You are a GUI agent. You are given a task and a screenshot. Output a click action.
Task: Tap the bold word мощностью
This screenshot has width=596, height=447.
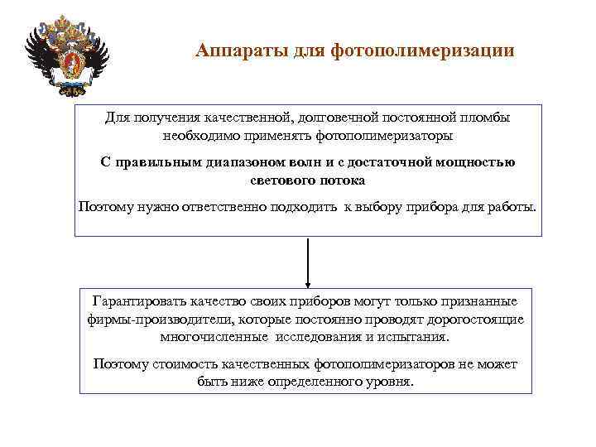(478, 162)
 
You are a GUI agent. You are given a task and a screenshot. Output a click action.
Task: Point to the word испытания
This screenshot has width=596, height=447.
(413, 337)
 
